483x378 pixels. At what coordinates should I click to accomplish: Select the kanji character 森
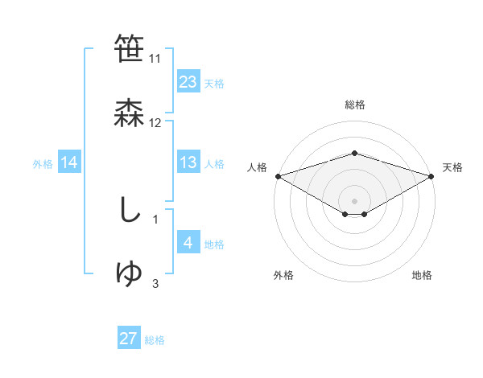click(x=130, y=113)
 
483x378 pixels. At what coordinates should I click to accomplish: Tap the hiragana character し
click(x=129, y=210)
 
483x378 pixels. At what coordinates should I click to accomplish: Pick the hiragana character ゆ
click(x=130, y=273)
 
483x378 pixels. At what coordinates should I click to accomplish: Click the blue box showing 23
click(x=188, y=82)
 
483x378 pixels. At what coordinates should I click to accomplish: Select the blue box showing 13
click(x=188, y=162)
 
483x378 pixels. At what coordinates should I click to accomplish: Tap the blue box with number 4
click(x=188, y=243)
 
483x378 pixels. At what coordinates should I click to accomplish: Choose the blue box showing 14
click(x=69, y=162)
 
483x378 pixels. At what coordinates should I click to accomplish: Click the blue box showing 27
click(x=129, y=339)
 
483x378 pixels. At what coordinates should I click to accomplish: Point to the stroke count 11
click(x=155, y=59)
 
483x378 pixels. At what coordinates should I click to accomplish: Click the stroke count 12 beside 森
click(x=155, y=123)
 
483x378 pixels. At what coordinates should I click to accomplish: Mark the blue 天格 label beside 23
click(x=214, y=83)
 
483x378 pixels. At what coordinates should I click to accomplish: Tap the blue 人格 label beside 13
click(x=214, y=163)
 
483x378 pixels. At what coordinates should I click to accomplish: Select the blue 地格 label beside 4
click(x=214, y=244)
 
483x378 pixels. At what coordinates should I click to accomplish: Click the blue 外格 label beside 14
click(x=43, y=163)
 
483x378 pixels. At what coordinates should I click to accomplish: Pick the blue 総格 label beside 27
click(x=155, y=339)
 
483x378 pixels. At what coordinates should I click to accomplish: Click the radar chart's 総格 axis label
click(x=354, y=105)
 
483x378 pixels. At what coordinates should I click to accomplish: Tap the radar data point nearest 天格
click(x=431, y=176)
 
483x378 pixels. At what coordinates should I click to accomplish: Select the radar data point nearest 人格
click(x=278, y=176)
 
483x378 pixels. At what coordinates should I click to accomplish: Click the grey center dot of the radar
click(x=354, y=200)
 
